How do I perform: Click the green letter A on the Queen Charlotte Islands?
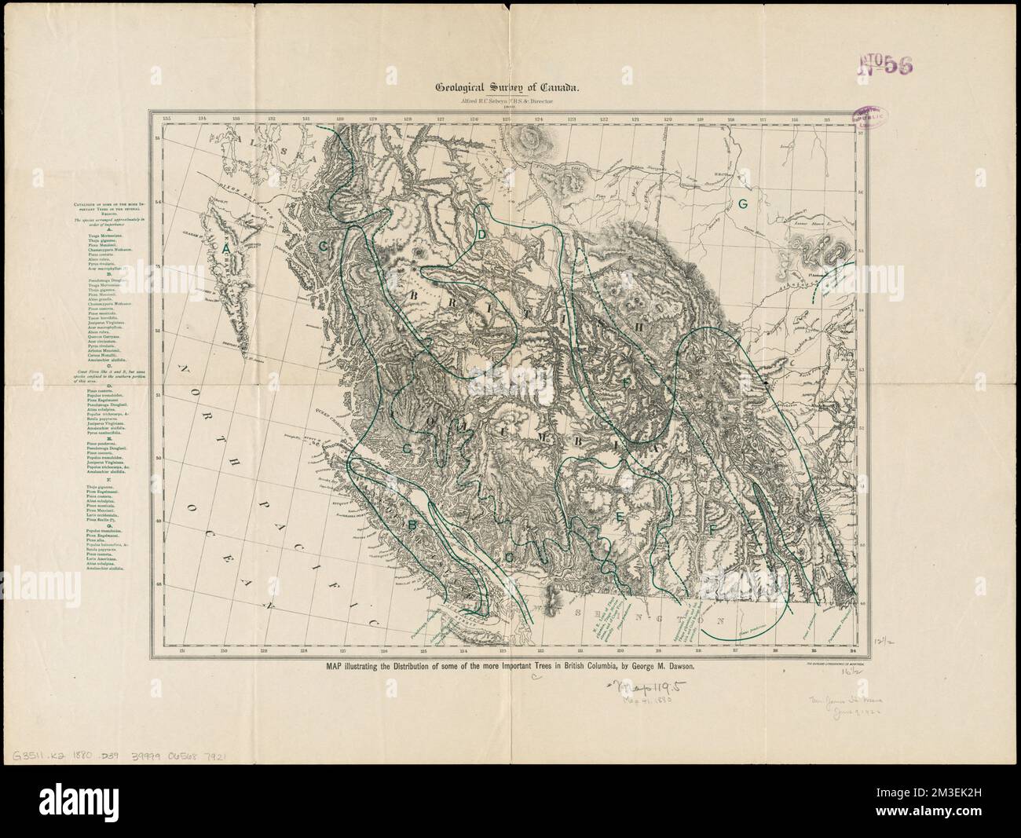click(x=225, y=247)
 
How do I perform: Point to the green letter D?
click(x=482, y=236)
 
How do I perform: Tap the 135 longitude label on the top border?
click(x=166, y=119)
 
